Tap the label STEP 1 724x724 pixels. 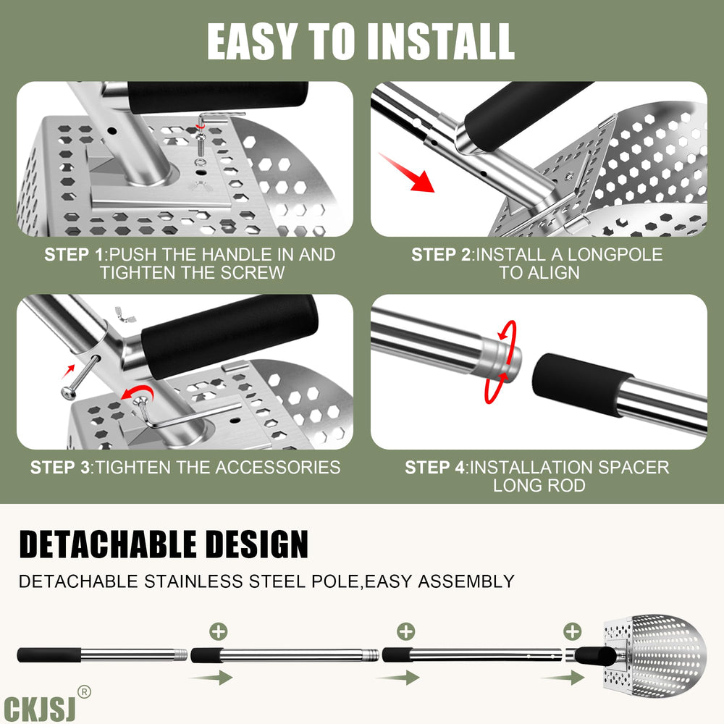tap(74, 254)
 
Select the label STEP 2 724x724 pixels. tap(441, 254)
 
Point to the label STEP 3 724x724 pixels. tap(60, 467)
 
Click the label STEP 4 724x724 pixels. tap(434, 467)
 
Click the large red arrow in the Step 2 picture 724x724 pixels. tap(406, 173)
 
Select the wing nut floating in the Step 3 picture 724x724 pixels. tap(125, 314)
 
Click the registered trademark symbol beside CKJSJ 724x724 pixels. tap(84, 691)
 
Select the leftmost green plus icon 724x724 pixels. tap(219, 631)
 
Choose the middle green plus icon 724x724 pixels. tap(406, 631)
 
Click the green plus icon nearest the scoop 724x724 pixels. tap(573, 631)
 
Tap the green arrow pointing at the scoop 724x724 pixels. tap(563, 678)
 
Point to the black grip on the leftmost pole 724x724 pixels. tap(49, 655)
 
